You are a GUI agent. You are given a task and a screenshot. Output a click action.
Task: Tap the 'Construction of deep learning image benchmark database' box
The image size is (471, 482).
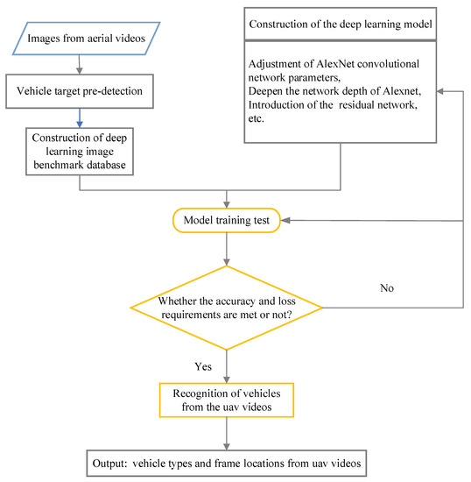tap(81, 148)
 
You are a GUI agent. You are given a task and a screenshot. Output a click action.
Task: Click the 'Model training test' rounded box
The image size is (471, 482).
tap(228, 221)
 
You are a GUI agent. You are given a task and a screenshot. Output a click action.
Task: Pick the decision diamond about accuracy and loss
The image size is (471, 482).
tap(228, 308)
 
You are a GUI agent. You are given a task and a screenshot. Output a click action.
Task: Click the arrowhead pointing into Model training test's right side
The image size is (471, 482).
tap(287, 221)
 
